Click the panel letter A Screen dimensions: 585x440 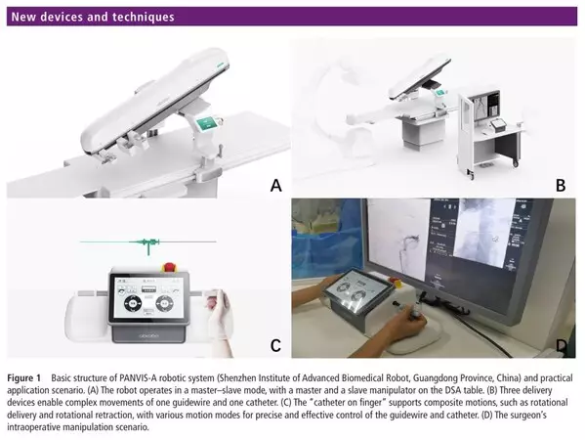click(275, 185)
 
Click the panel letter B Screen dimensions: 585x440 click(561, 185)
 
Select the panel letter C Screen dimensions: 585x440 click(275, 345)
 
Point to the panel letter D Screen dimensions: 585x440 click(562, 345)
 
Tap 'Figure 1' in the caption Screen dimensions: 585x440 click(23, 378)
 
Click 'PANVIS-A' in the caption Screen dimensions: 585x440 click(138, 377)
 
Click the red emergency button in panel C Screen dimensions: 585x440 click(169, 267)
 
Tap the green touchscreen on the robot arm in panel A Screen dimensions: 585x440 click(206, 123)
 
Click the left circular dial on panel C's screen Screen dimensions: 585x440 click(132, 303)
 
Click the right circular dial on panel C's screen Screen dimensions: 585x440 click(164, 303)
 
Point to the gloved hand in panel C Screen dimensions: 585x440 click(220, 316)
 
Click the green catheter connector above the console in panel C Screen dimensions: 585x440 click(148, 242)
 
